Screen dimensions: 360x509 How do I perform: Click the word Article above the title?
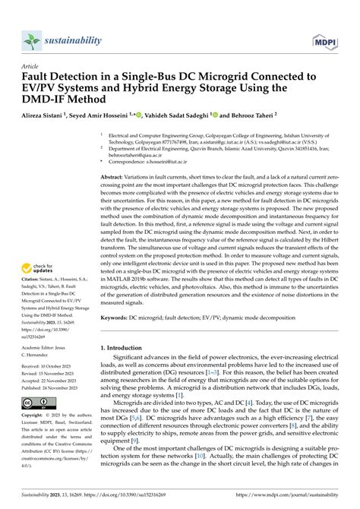31,66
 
